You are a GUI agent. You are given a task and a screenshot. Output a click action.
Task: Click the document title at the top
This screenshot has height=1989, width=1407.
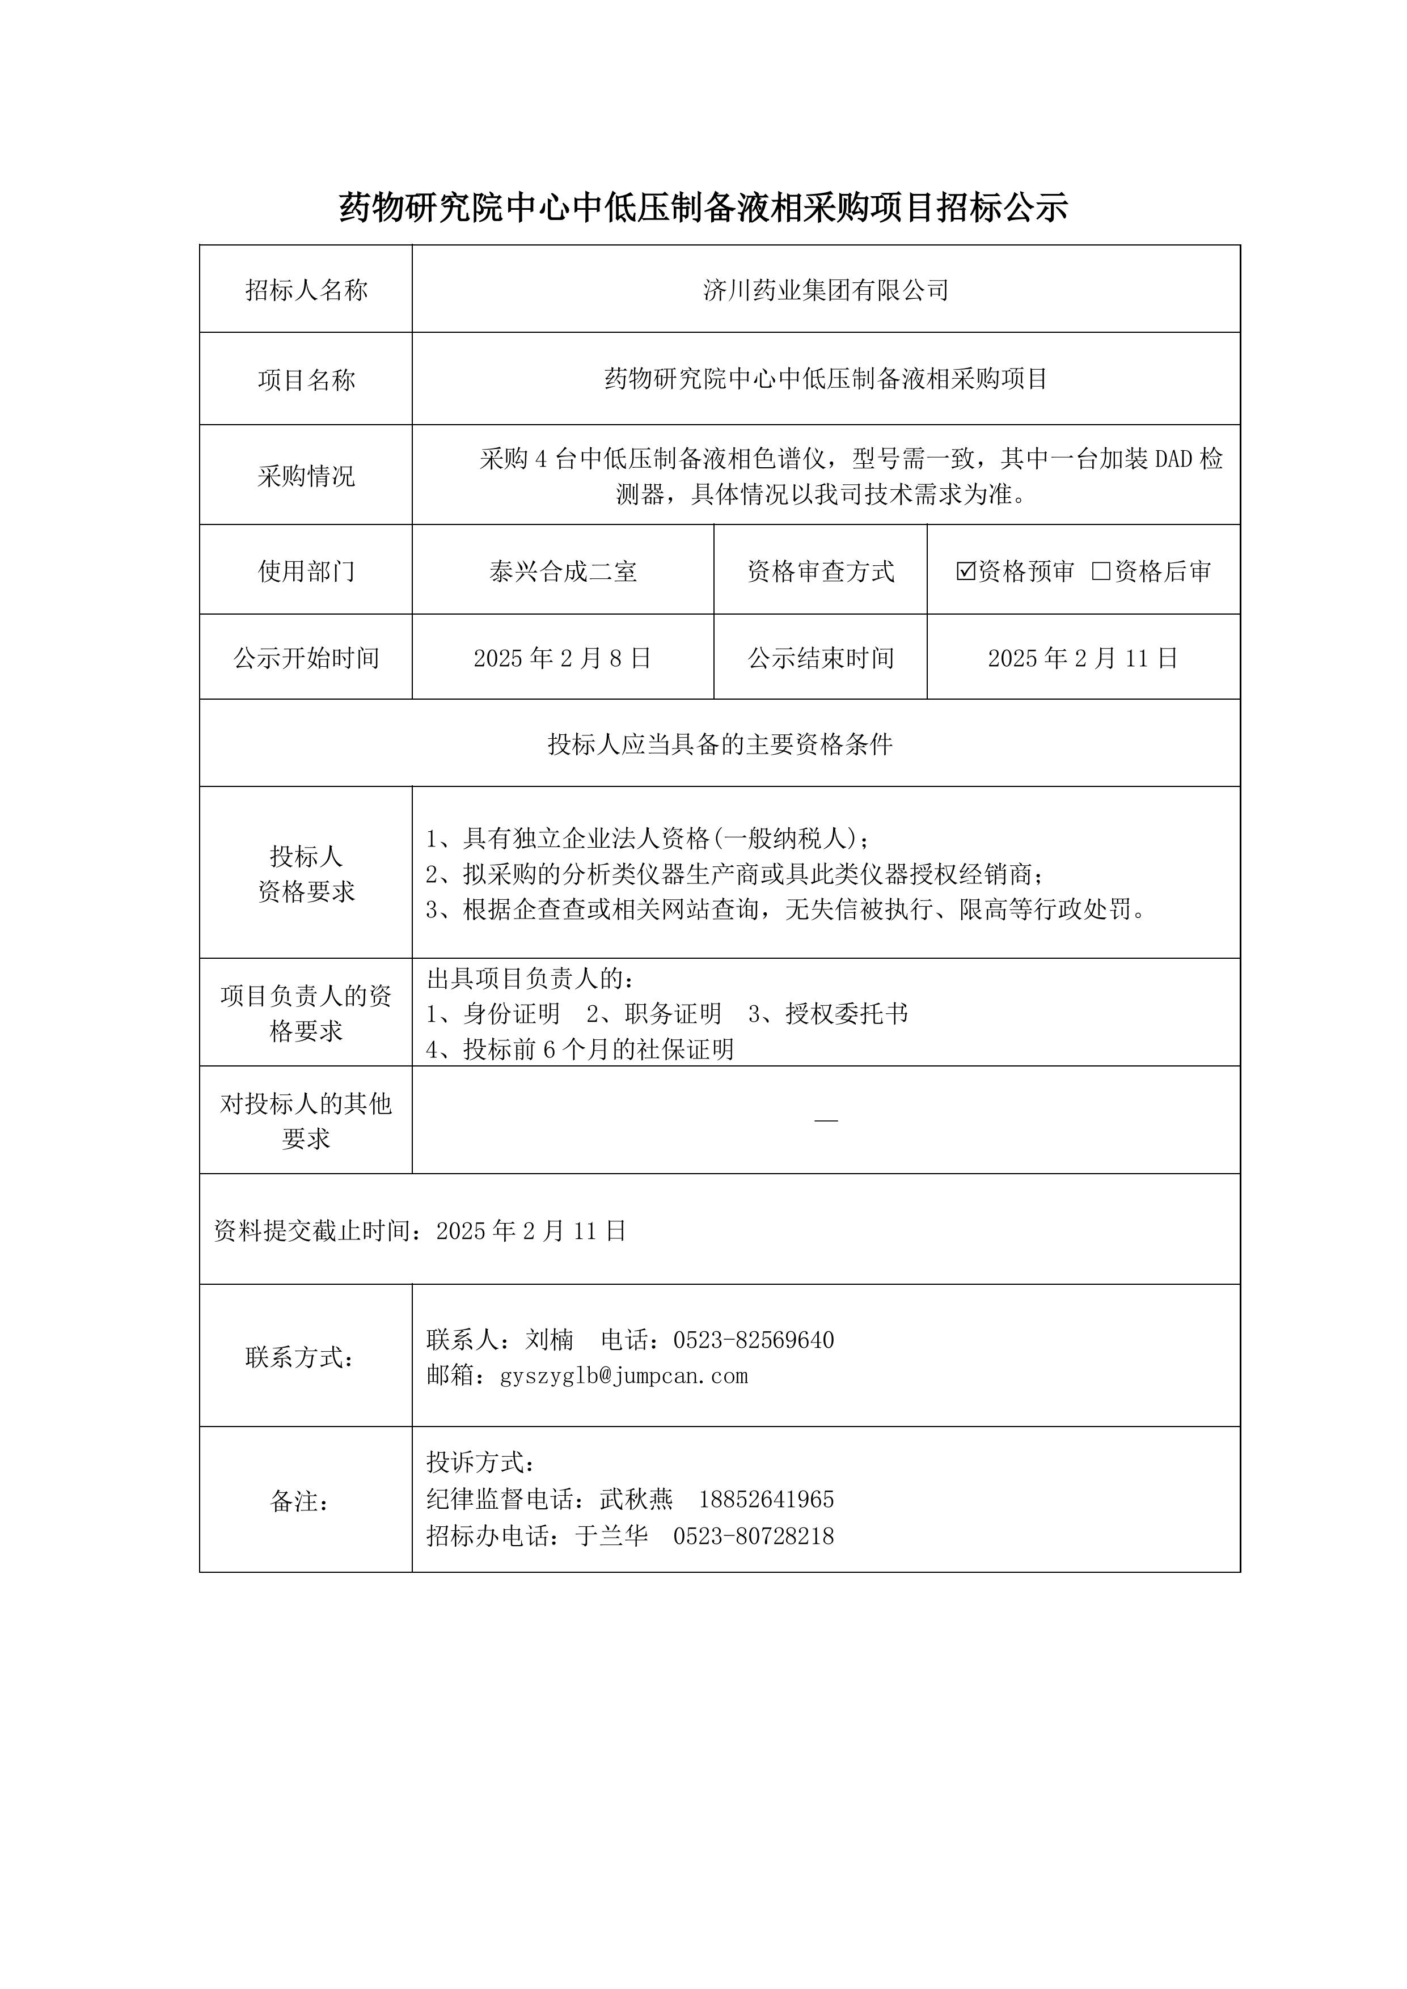pyautogui.click(x=703, y=207)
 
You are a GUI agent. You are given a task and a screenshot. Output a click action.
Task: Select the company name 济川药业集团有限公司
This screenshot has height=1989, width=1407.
pyautogui.click(x=826, y=290)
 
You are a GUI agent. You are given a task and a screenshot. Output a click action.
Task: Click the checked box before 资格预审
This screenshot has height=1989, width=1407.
pyautogui.click(x=965, y=571)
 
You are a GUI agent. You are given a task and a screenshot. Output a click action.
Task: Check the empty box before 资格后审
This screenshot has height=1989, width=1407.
pyautogui.click(x=1101, y=571)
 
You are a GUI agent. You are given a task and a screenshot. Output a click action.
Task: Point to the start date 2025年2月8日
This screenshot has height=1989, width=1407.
pyautogui.click(x=562, y=658)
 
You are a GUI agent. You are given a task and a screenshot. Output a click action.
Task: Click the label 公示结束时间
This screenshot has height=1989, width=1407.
pyautogui.click(x=821, y=658)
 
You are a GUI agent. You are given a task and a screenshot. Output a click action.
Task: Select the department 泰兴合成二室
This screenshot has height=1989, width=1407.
pyautogui.click(x=562, y=572)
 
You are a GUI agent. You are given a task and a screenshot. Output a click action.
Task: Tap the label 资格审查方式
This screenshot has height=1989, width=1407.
pyautogui.click(x=821, y=572)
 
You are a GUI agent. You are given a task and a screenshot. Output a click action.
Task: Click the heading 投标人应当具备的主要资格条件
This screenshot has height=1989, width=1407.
pyautogui.click(x=720, y=744)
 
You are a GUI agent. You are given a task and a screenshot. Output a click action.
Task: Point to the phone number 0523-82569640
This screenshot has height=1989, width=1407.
pyautogui.click(x=753, y=1340)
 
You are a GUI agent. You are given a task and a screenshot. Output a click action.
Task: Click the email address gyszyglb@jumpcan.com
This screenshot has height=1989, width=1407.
pyautogui.click(x=624, y=1376)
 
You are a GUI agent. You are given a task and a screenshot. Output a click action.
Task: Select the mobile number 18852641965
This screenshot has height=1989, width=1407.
pyautogui.click(x=766, y=1500)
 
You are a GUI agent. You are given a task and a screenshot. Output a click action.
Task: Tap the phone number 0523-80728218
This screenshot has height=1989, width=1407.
pyautogui.click(x=753, y=1536)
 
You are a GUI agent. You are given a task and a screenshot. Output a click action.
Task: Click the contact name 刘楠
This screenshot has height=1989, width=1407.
pyautogui.click(x=550, y=1340)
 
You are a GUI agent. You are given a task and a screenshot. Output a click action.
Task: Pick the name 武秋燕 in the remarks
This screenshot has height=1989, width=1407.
pyautogui.click(x=636, y=1500)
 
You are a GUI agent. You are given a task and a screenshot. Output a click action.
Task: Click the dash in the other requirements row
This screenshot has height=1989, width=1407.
pyautogui.click(x=826, y=1121)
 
